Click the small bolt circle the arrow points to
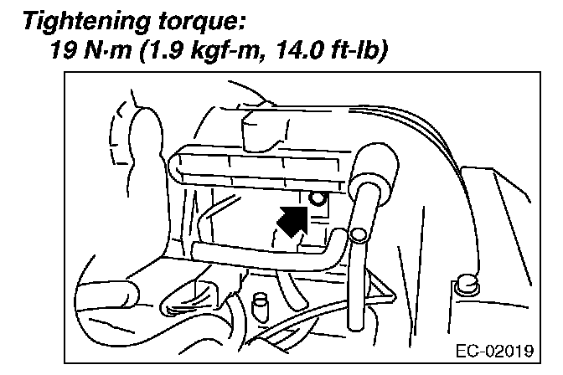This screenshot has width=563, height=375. (316, 198)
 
